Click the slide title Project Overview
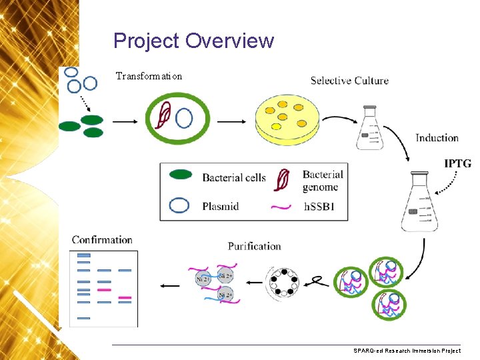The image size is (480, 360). (x=193, y=41)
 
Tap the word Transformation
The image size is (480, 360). (x=149, y=76)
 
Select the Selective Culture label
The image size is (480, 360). (x=349, y=81)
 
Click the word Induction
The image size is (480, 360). (x=437, y=138)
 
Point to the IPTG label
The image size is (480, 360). (x=459, y=163)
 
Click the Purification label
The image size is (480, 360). (x=254, y=246)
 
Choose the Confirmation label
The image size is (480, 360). (x=102, y=240)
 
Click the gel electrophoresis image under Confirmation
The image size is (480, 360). (x=103, y=288)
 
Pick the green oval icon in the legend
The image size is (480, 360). (x=181, y=175)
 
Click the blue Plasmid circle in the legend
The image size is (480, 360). (x=179, y=205)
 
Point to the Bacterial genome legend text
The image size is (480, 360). (x=323, y=181)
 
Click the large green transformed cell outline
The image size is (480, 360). (x=177, y=119)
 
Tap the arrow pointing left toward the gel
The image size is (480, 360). (x=170, y=285)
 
